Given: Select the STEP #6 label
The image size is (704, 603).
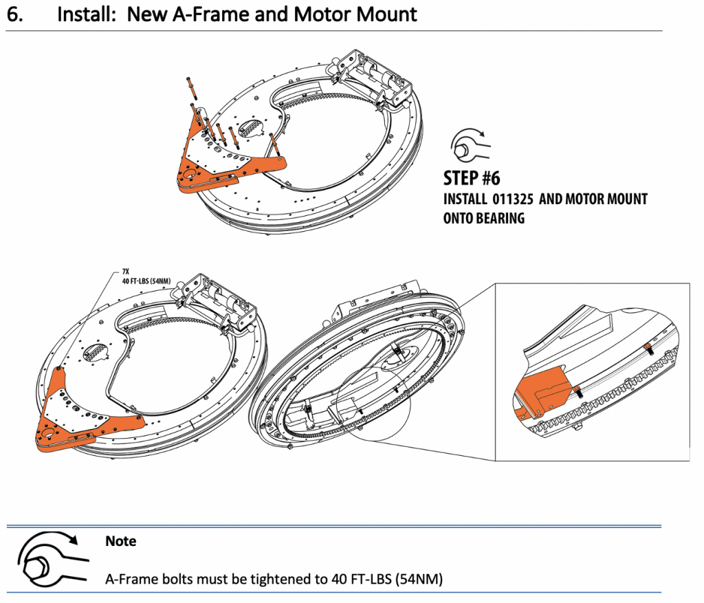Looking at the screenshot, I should pyautogui.click(x=471, y=177).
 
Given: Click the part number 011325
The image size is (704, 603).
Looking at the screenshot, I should pyautogui.click(x=514, y=199).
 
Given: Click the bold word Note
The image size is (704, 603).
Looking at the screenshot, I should pyautogui.click(x=120, y=541).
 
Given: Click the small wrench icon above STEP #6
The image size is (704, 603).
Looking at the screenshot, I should pyautogui.click(x=469, y=144).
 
